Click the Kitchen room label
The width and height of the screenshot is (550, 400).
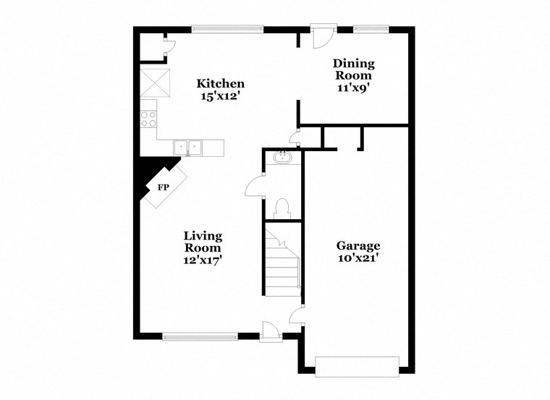click(221, 84)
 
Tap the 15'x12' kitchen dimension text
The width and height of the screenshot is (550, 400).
click(221, 95)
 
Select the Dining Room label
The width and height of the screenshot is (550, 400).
click(352, 69)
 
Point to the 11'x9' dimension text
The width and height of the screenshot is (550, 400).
click(352, 88)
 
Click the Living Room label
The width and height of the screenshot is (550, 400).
click(203, 242)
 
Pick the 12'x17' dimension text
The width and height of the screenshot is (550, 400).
click(203, 260)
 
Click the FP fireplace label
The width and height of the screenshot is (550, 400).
click(163, 187)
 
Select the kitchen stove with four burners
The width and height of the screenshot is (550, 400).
click(148, 119)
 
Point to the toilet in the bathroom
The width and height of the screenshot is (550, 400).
click(283, 208)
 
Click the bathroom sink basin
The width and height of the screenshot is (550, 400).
click(282, 158)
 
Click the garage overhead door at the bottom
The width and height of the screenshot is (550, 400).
click(357, 366)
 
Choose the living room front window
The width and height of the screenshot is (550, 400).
click(200, 336)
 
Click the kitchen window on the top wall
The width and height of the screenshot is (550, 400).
click(227, 30)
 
